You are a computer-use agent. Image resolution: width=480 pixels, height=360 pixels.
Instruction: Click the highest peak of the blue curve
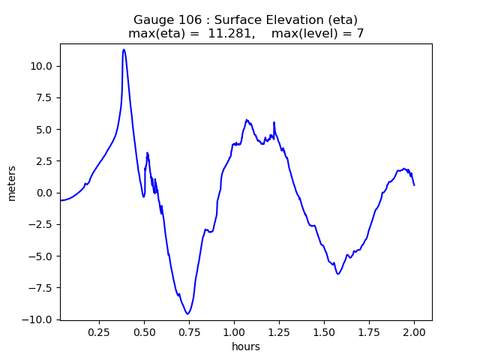124,50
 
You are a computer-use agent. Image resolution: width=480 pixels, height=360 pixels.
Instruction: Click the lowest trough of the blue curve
187,313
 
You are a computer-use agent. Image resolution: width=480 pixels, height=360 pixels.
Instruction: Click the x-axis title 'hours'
246,347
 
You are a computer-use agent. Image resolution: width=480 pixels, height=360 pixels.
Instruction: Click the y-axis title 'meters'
12,182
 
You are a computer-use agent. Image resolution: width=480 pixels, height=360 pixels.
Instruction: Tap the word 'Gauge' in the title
151,19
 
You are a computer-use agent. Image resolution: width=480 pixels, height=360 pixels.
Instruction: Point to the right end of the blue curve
414,184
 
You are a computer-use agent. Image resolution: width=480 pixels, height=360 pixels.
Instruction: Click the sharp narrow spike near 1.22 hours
274,122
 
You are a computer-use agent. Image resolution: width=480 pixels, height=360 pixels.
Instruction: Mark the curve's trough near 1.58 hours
338,274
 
